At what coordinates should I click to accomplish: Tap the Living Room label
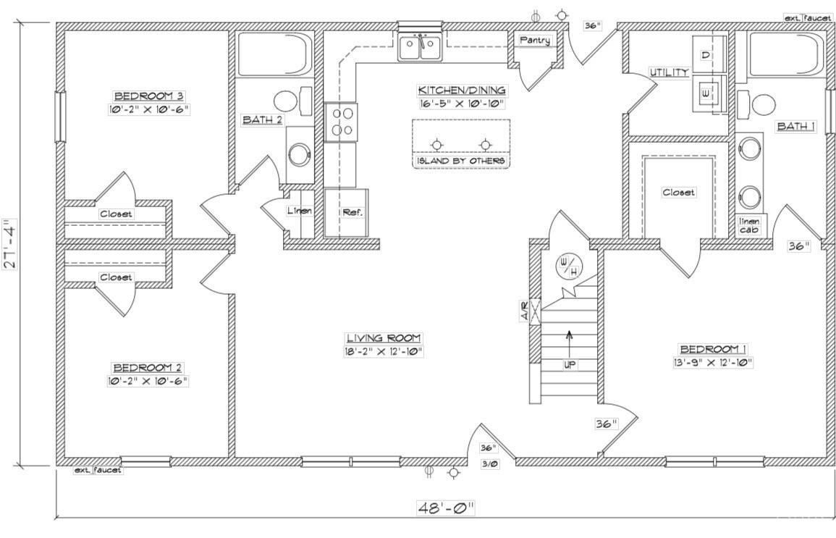pyautogui.click(x=383, y=338)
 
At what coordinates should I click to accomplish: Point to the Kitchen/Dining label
pyautogui.click(x=462, y=91)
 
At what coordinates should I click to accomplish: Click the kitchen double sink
pyautogui.click(x=420, y=49)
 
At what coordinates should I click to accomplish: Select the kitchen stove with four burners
pyautogui.click(x=341, y=122)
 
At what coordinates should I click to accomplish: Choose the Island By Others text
pyautogui.click(x=460, y=160)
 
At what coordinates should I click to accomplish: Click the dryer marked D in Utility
pyautogui.click(x=706, y=56)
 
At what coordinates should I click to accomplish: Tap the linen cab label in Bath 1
pyautogui.click(x=748, y=226)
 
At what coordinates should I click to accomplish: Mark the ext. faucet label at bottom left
pyautogui.click(x=98, y=470)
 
